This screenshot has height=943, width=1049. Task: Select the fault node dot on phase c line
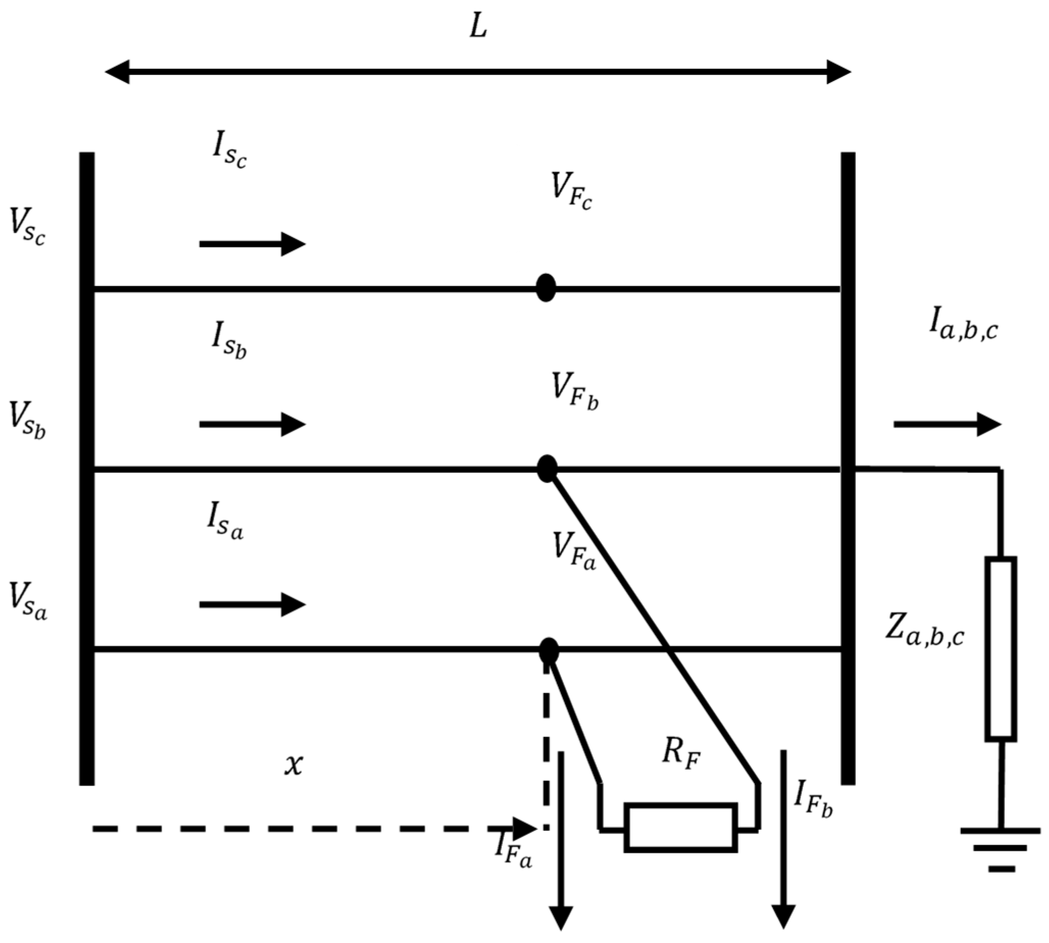(x=546, y=288)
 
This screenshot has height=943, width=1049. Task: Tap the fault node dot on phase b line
(x=547, y=469)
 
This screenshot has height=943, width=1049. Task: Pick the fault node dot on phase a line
(x=549, y=651)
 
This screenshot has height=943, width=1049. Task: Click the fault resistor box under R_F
(x=680, y=827)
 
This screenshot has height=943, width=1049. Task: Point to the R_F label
(x=680, y=754)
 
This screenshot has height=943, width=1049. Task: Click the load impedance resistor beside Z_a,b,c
(x=1000, y=648)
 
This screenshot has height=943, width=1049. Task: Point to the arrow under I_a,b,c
(x=947, y=424)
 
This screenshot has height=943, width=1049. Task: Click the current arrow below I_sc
(x=252, y=244)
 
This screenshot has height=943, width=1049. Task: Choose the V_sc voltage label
(x=28, y=227)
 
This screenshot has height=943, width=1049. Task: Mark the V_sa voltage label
(x=28, y=601)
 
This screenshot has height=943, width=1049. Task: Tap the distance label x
(x=293, y=765)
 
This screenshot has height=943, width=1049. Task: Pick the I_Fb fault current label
(x=813, y=799)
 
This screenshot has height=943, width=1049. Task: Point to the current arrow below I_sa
(x=252, y=604)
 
